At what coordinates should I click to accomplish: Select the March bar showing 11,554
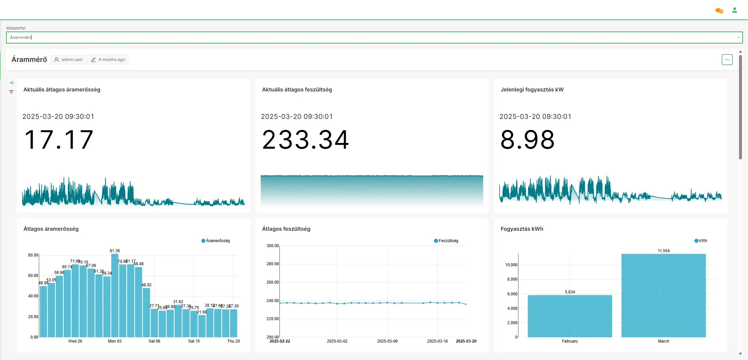663,295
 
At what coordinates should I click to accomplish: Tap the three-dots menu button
727,60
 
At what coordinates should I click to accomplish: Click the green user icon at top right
734,10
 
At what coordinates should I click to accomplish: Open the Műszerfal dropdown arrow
738,38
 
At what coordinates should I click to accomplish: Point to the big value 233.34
305,140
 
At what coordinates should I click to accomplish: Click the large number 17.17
59,140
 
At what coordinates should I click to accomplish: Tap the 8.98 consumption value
527,140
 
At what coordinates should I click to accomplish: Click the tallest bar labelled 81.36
115,295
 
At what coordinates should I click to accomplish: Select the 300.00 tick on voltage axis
272,246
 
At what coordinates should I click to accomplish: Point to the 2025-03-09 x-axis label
387,341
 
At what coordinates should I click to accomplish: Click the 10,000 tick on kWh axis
511,265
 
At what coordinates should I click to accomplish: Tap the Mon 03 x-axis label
115,341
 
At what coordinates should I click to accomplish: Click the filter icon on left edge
11,92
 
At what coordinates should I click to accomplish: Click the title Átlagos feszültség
286,229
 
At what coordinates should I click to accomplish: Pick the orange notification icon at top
719,11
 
